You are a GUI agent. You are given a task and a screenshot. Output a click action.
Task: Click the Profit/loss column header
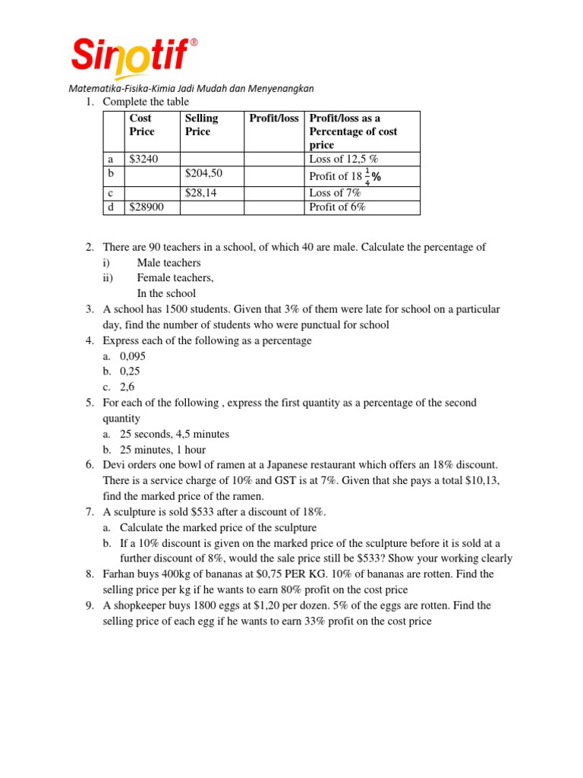273,119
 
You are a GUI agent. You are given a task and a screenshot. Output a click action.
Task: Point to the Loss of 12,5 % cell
343,160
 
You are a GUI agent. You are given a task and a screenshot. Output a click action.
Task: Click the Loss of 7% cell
335,193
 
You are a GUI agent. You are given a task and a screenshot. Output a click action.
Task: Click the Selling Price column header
201,125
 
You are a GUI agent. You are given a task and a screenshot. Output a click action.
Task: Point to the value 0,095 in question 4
133,356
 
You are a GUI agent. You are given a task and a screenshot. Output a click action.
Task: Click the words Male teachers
169,263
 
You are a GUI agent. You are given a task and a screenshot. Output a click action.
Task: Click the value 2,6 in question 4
128,387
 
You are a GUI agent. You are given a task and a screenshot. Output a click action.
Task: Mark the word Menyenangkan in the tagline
278,88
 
